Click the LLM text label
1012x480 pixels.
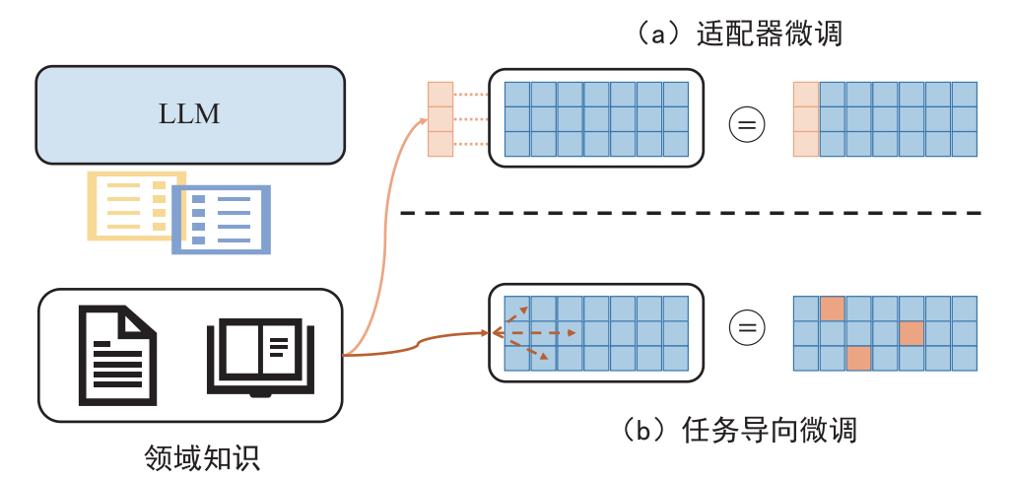[x=189, y=114]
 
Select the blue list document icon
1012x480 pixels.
[x=222, y=220]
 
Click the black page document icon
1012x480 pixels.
[x=117, y=356]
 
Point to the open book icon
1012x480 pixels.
[x=261, y=357]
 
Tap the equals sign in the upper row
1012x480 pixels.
[x=747, y=124]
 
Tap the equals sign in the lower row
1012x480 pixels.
[x=747, y=328]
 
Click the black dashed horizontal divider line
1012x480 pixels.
[x=691, y=212]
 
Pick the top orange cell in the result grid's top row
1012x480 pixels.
[x=833, y=309]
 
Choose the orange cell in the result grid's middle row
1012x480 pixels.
[x=911, y=333]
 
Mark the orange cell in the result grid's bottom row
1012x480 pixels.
[x=859, y=358]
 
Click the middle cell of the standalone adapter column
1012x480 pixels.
[x=440, y=119]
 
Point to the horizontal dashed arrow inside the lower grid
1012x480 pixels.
[x=534, y=333]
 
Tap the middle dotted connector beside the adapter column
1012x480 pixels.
[x=470, y=119]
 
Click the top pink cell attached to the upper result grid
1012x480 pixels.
[x=806, y=95]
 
